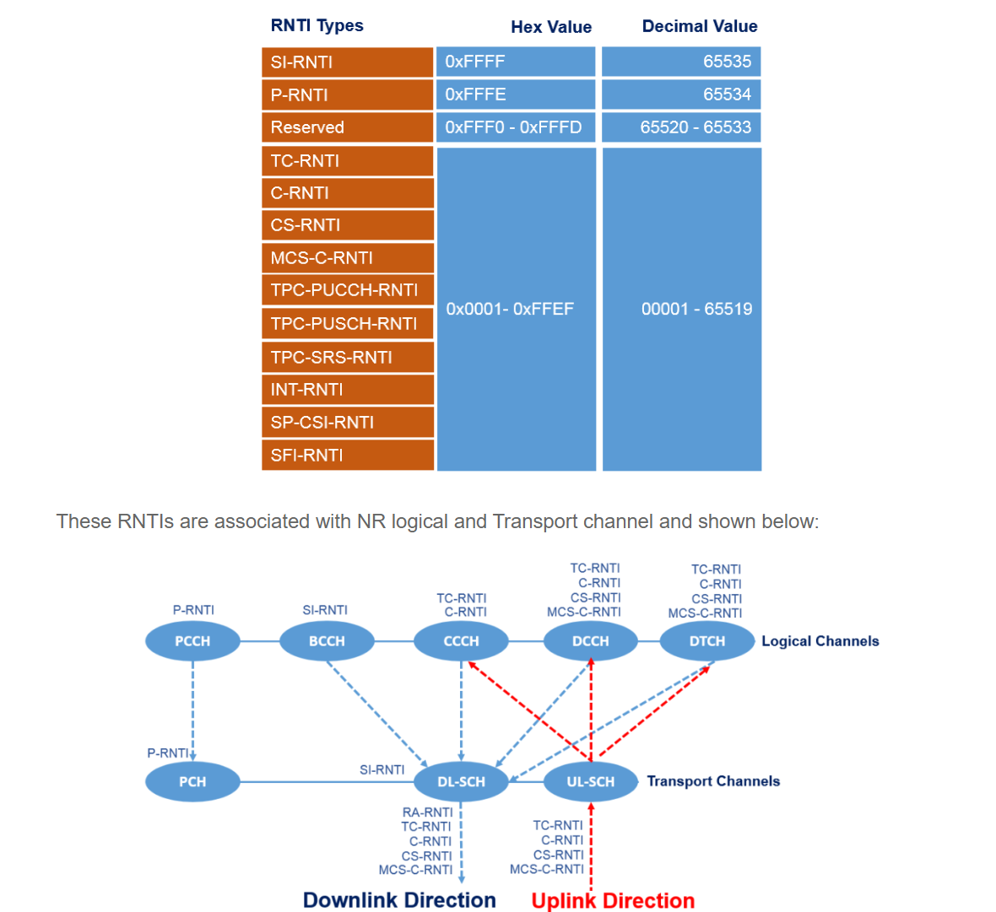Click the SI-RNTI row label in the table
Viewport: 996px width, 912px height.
(347, 62)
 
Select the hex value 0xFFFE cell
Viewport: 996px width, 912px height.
(515, 94)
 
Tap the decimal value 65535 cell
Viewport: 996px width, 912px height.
(681, 62)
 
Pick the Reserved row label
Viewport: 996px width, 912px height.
(347, 127)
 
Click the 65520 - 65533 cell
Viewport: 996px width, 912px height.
(681, 127)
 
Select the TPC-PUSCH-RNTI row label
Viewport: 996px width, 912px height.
(347, 324)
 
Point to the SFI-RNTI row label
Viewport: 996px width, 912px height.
(347, 456)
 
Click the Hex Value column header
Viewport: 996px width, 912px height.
(550, 27)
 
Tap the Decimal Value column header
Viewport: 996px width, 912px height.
(699, 26)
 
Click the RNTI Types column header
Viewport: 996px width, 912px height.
(317, 25)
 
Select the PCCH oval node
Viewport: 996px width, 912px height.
(192, 641)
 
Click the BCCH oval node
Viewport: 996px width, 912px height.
(327, 641)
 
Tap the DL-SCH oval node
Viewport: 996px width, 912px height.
(461, 782)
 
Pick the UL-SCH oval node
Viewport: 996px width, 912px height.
(590, 782)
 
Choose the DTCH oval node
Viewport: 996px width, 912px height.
(706, 641)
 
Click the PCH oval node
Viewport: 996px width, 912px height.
(192, 782)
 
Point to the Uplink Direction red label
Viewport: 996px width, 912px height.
(613, 900)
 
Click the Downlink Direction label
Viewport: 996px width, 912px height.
(399, 900)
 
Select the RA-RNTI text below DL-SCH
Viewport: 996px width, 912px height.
(427, 812)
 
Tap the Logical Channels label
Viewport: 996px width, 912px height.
(820, 641)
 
